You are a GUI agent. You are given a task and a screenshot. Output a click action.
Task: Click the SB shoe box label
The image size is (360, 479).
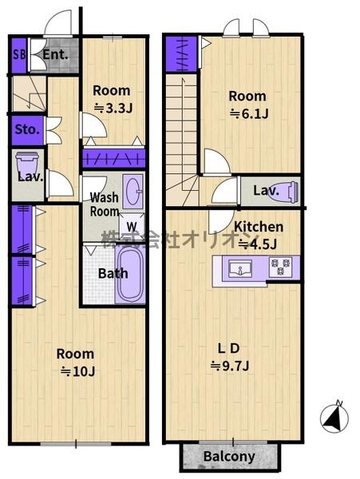19,55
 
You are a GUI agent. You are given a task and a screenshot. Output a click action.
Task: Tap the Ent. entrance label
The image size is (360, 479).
55,54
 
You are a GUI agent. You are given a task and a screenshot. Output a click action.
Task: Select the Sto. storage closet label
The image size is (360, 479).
27,129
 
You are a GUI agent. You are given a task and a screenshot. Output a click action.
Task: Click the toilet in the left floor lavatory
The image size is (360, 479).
27,164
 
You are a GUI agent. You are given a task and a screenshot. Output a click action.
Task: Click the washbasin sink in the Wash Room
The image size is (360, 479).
133,192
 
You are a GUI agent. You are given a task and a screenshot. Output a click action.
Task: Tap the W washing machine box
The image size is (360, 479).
132,227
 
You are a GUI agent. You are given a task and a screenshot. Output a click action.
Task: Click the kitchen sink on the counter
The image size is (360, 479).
240,268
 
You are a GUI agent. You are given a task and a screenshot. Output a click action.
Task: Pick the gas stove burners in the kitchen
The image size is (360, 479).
280,267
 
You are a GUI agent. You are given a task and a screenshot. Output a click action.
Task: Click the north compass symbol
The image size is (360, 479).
334,417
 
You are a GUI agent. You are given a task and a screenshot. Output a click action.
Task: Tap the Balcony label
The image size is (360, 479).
229,457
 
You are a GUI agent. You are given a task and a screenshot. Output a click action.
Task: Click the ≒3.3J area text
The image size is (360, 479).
113,108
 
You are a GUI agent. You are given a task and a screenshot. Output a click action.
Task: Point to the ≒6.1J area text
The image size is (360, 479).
249,114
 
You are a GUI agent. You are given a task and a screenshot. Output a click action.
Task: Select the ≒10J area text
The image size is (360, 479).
78,371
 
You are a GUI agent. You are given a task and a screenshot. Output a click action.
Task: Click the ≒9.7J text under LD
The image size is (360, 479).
230,366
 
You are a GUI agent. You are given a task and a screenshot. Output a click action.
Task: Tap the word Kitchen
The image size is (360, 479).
259,227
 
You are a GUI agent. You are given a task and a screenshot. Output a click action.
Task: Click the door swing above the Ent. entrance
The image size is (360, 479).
58,22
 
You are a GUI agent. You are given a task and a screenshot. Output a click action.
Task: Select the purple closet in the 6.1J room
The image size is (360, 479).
181,54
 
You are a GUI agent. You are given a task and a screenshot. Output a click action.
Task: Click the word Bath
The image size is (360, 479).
113,273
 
